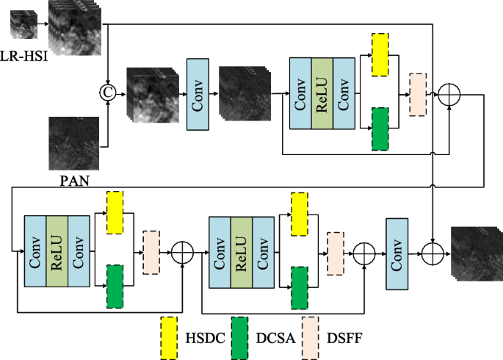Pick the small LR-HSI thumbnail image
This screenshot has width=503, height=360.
click(22, 23)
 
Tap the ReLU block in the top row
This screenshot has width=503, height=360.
click(322, 94)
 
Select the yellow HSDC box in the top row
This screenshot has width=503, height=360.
click(380, 55)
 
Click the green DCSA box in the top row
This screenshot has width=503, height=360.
click(380, 129)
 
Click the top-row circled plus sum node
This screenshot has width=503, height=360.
click(448, 93)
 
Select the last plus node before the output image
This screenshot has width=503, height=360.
click(434, 253)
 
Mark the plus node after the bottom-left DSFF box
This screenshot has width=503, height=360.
click(182, 253)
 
